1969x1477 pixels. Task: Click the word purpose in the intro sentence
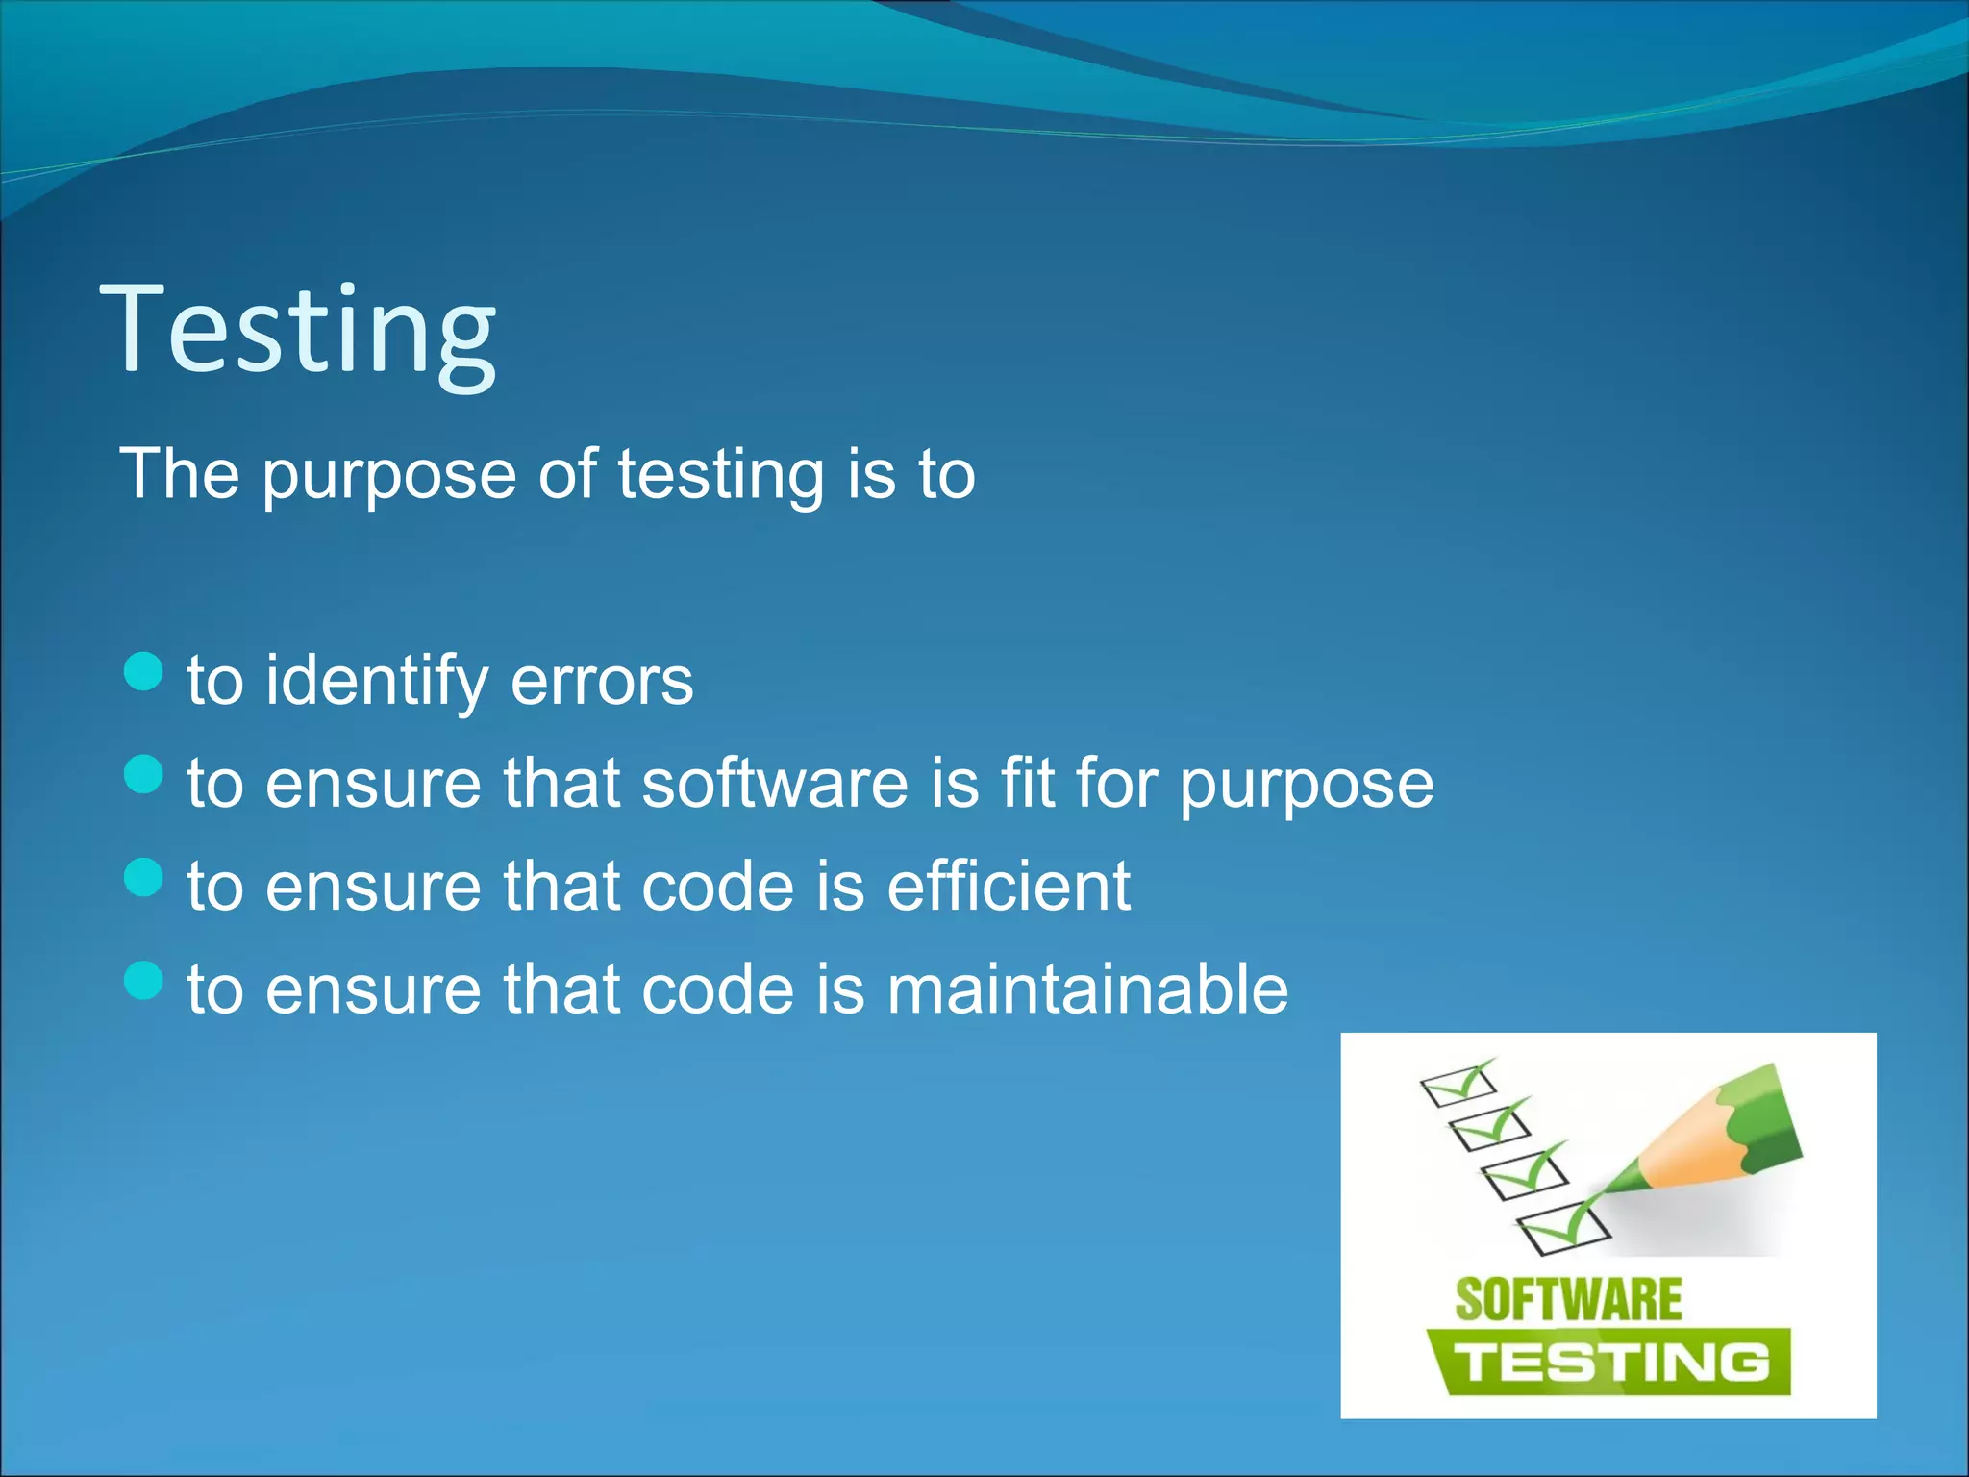[x=389, y=476]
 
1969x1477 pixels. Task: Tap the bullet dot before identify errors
[x=144, y=671]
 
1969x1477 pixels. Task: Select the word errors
[x=602, y=681]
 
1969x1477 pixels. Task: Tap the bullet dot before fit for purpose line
[x=144, y=774]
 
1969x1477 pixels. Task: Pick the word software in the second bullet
[x=774, y=783]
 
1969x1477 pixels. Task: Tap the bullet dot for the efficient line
[x=144, y=877]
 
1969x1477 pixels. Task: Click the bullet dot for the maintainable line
[x=144, y=980]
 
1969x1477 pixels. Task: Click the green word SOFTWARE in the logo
[x=1568, y=1300]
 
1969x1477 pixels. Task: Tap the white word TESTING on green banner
[x=1610, y=1363]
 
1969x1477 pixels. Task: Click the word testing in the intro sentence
[x=720, y=476]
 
